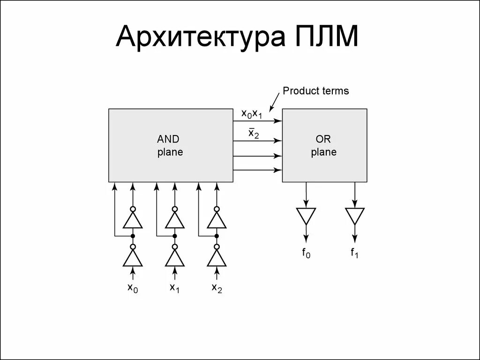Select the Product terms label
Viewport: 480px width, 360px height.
pos(315,91)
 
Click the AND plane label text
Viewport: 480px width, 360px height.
pos(170,146)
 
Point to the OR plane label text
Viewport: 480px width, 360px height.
pos(324,146)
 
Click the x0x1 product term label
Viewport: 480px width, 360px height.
pos(251,114)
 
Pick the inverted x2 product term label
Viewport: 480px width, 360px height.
pos(254,134)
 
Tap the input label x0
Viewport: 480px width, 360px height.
pos(133,288)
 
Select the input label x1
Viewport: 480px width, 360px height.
pos(175,288)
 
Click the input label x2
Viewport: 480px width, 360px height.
pos(217,288)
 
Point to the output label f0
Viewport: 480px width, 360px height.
pos(306,254)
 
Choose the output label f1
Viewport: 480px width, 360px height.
pos(354,254)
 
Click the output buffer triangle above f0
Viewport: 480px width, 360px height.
pos(306,216)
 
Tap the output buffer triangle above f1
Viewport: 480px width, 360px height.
pos(354,216)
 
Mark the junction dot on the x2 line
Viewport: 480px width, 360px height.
pos(217,236)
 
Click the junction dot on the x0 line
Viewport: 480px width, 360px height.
pos(133,236)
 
